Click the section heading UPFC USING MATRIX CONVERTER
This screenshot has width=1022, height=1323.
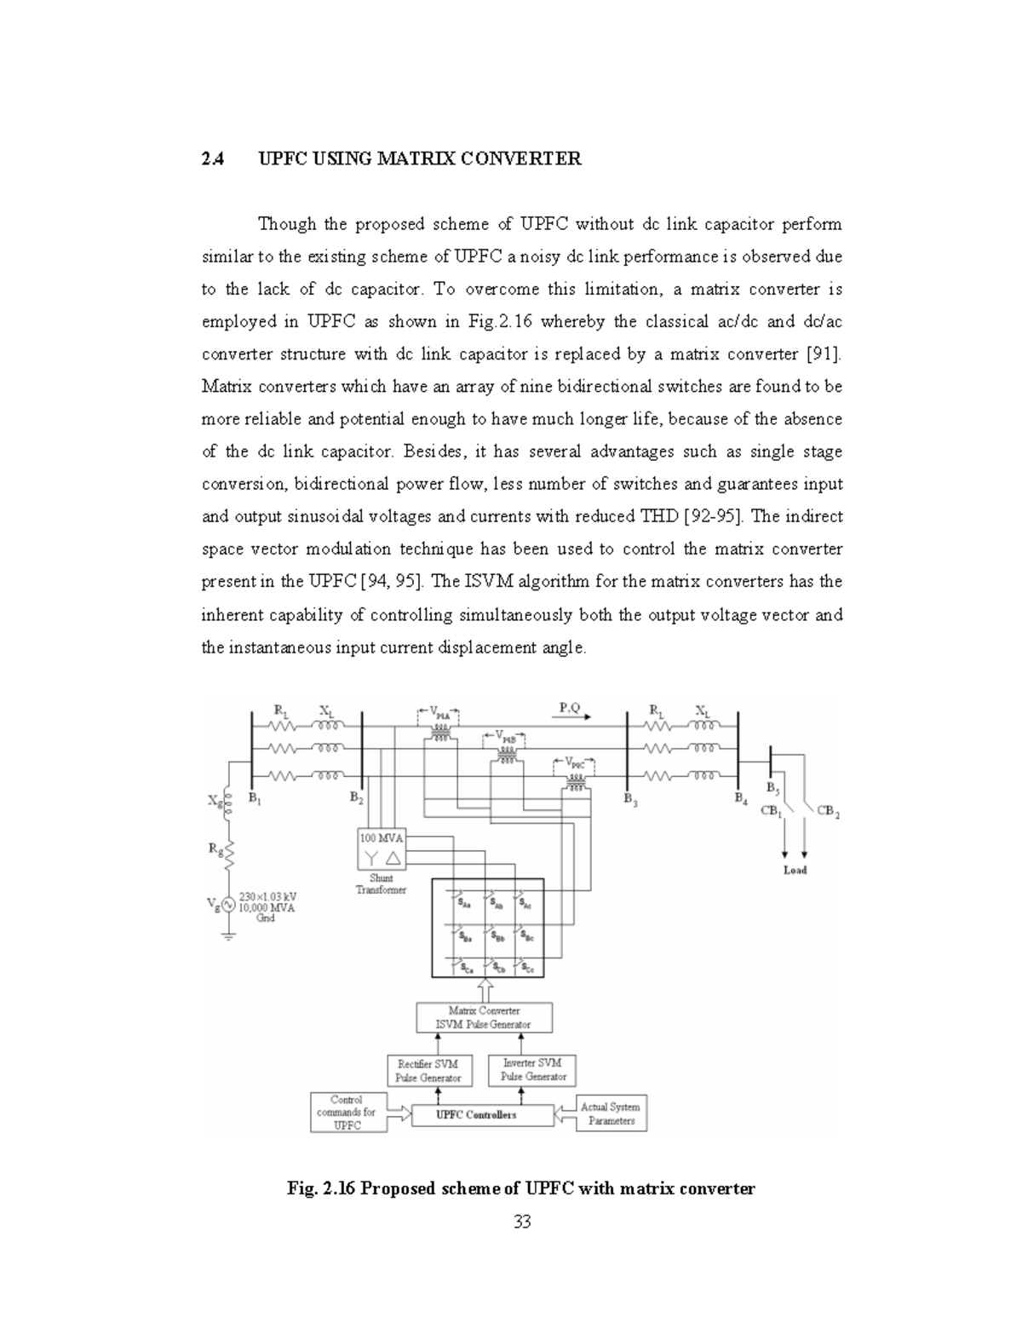(x=420, y=158)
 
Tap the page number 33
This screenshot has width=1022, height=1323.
(x=522, y=1222)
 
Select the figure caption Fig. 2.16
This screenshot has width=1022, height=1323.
(x=521, y=1188)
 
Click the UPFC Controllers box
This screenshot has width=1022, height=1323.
(x=476, y=1114)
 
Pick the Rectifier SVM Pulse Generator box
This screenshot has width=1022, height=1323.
(x=428, y=1070)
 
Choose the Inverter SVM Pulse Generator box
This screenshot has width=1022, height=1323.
(x=532, y=1069)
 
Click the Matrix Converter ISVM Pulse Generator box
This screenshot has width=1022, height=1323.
(x=484, y=1017)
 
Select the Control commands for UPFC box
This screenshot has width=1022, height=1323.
(x=347, y=1113)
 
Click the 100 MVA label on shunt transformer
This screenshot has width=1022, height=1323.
(x=381, y=838)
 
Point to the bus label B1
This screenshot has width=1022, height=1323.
(x=255, y=798)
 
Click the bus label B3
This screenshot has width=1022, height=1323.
(x=629, y=799)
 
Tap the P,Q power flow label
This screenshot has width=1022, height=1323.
(x=570, y=707)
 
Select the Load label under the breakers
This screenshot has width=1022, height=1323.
(x=795, y=870)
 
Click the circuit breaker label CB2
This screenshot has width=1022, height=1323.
(x=828, y=811)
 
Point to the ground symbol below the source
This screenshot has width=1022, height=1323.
(x=228, y=935)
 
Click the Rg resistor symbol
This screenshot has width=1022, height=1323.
(x=228, y=852)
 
